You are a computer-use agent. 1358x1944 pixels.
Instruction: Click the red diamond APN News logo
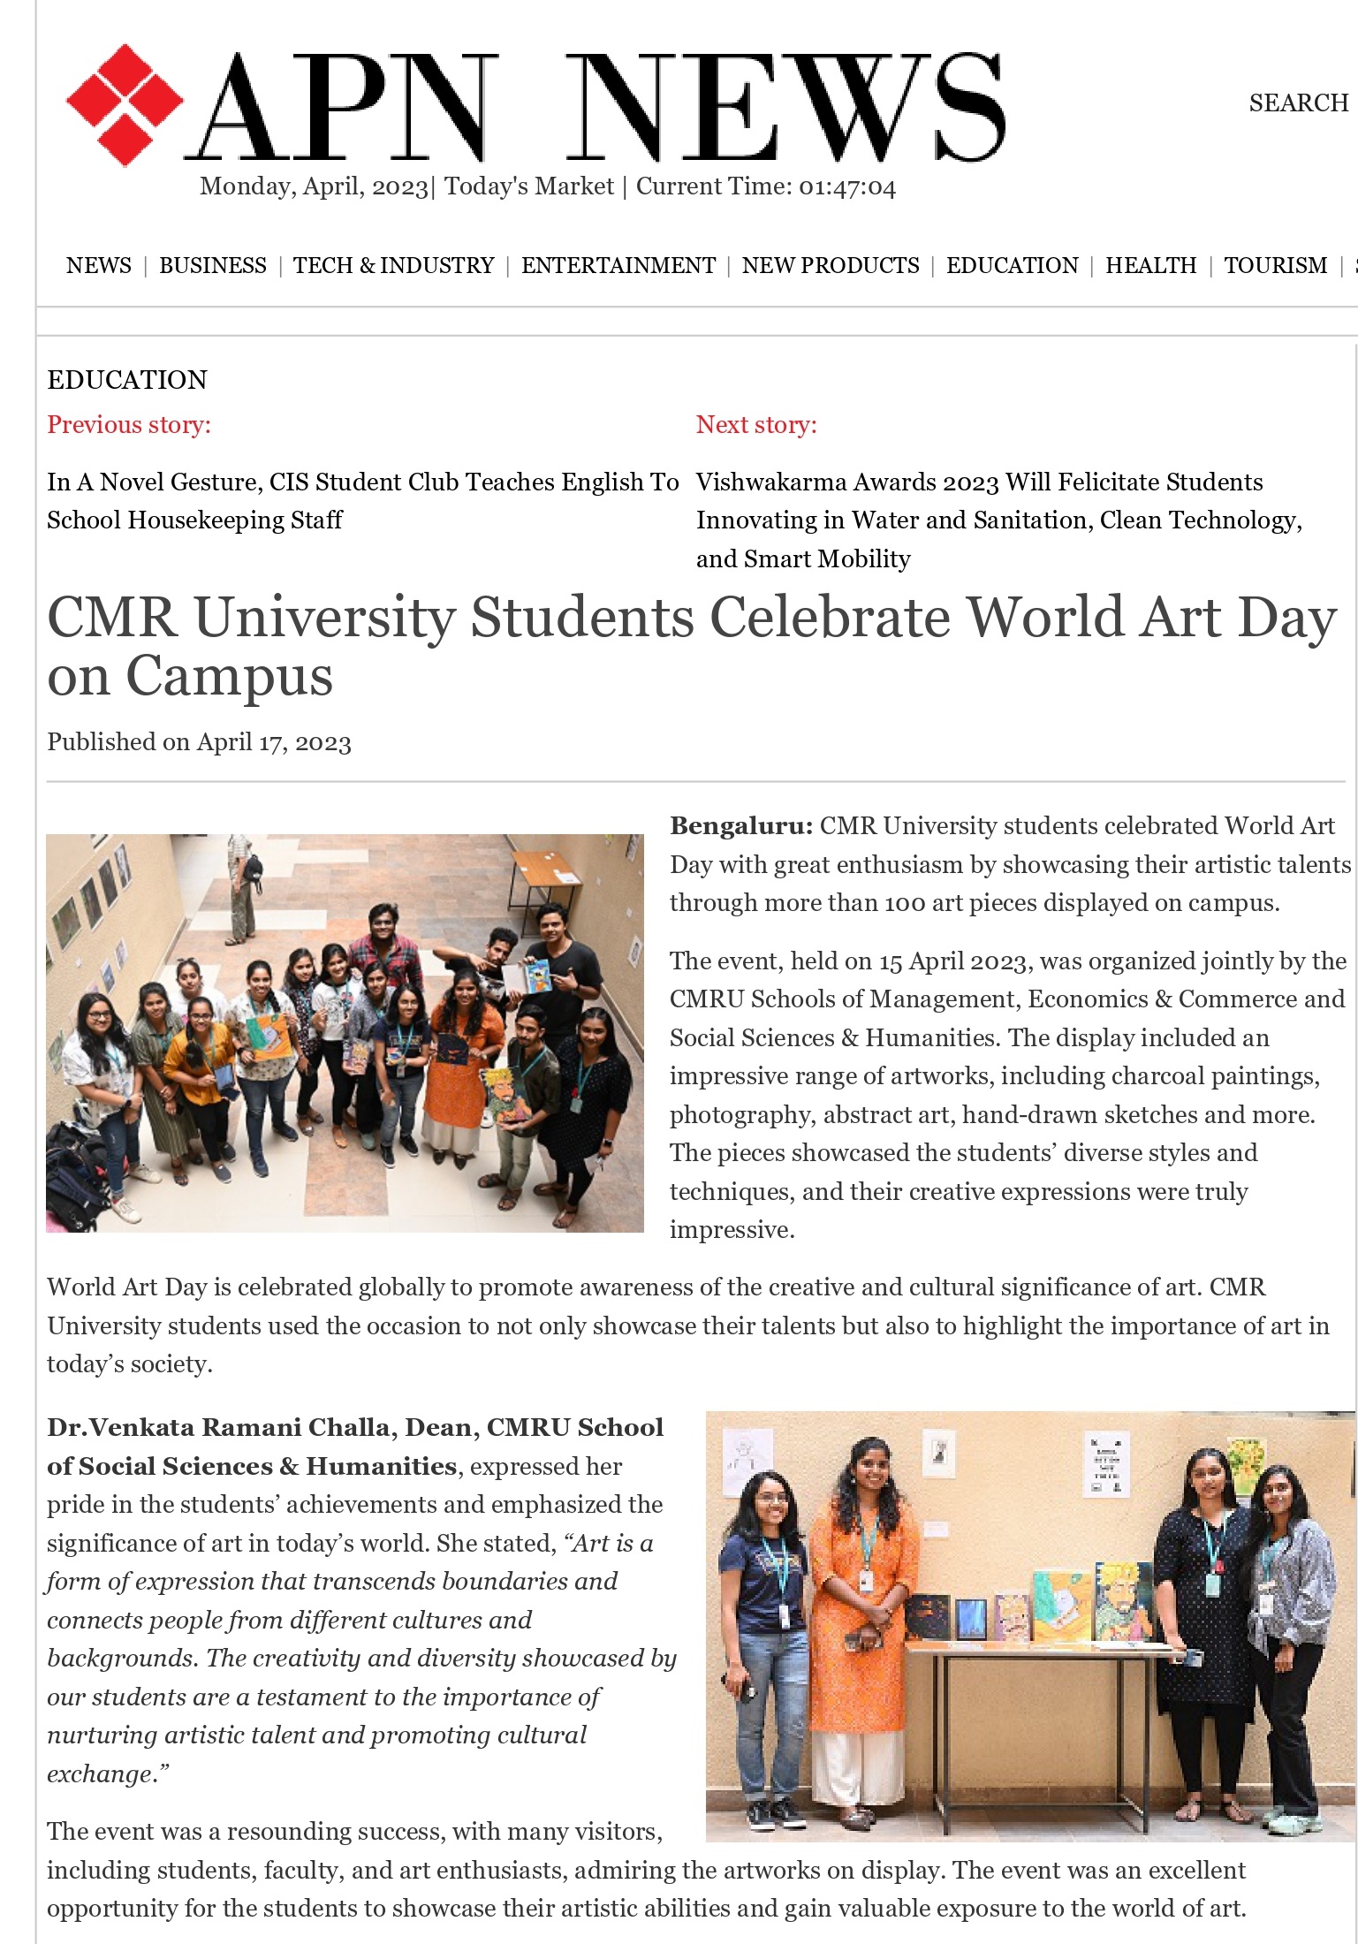(x=124, y=104)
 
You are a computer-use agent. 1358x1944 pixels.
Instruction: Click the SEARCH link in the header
(x=1298, y=103)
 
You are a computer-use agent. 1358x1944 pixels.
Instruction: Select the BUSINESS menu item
(x=212, y=266)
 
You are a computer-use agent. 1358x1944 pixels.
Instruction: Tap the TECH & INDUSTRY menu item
(x=393, y=266)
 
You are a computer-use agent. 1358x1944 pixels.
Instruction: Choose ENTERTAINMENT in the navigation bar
(x=618, y=266)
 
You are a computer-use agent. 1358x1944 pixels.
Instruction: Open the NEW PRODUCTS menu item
(x=830, y=266)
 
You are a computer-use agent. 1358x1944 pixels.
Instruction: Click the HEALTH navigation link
(x=1150, y=266)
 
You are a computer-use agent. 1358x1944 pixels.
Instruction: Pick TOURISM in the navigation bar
(x=1275, y=266)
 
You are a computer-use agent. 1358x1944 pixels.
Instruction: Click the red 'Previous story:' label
(x=129, y=425)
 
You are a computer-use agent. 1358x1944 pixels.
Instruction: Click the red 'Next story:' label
(x=756, y=425)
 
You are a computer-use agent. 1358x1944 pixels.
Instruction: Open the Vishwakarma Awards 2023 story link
(x=998, y=520)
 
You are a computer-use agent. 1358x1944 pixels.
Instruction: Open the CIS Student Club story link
(x=362, y=500)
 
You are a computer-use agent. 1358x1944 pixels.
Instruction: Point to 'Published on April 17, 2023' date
(x=199, y=742)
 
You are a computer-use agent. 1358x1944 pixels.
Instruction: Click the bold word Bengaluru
(x=740, y=826)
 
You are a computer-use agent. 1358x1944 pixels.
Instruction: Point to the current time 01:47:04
(x=846, y=187)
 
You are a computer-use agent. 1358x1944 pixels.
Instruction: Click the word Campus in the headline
(x=229, y=677)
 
